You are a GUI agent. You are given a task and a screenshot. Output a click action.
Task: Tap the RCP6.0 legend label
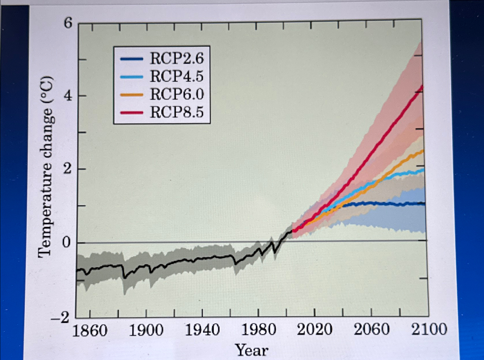176,94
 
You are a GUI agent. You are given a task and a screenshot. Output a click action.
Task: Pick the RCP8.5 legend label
176,112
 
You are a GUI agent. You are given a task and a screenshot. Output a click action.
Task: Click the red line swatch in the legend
132,112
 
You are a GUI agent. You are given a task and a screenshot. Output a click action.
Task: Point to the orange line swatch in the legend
132,95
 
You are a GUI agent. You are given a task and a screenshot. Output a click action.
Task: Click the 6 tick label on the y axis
68,23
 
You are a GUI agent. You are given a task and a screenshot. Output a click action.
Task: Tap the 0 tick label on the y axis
66,243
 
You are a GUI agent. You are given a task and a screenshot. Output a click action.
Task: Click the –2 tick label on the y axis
60,317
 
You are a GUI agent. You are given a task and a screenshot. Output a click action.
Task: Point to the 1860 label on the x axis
90,330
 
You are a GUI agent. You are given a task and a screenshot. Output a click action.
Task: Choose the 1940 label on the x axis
202,330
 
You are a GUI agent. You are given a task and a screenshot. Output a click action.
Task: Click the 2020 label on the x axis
315,329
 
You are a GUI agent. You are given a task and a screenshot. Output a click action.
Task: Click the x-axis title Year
252,350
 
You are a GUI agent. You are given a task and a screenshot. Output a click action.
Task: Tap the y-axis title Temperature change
46,167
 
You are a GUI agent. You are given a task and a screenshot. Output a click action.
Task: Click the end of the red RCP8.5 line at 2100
423,86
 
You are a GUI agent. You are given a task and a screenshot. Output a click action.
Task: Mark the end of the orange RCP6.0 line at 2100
423,150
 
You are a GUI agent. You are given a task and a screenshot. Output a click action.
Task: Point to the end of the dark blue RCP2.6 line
424,204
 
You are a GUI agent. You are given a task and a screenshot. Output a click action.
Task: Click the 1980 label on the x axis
259,330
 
